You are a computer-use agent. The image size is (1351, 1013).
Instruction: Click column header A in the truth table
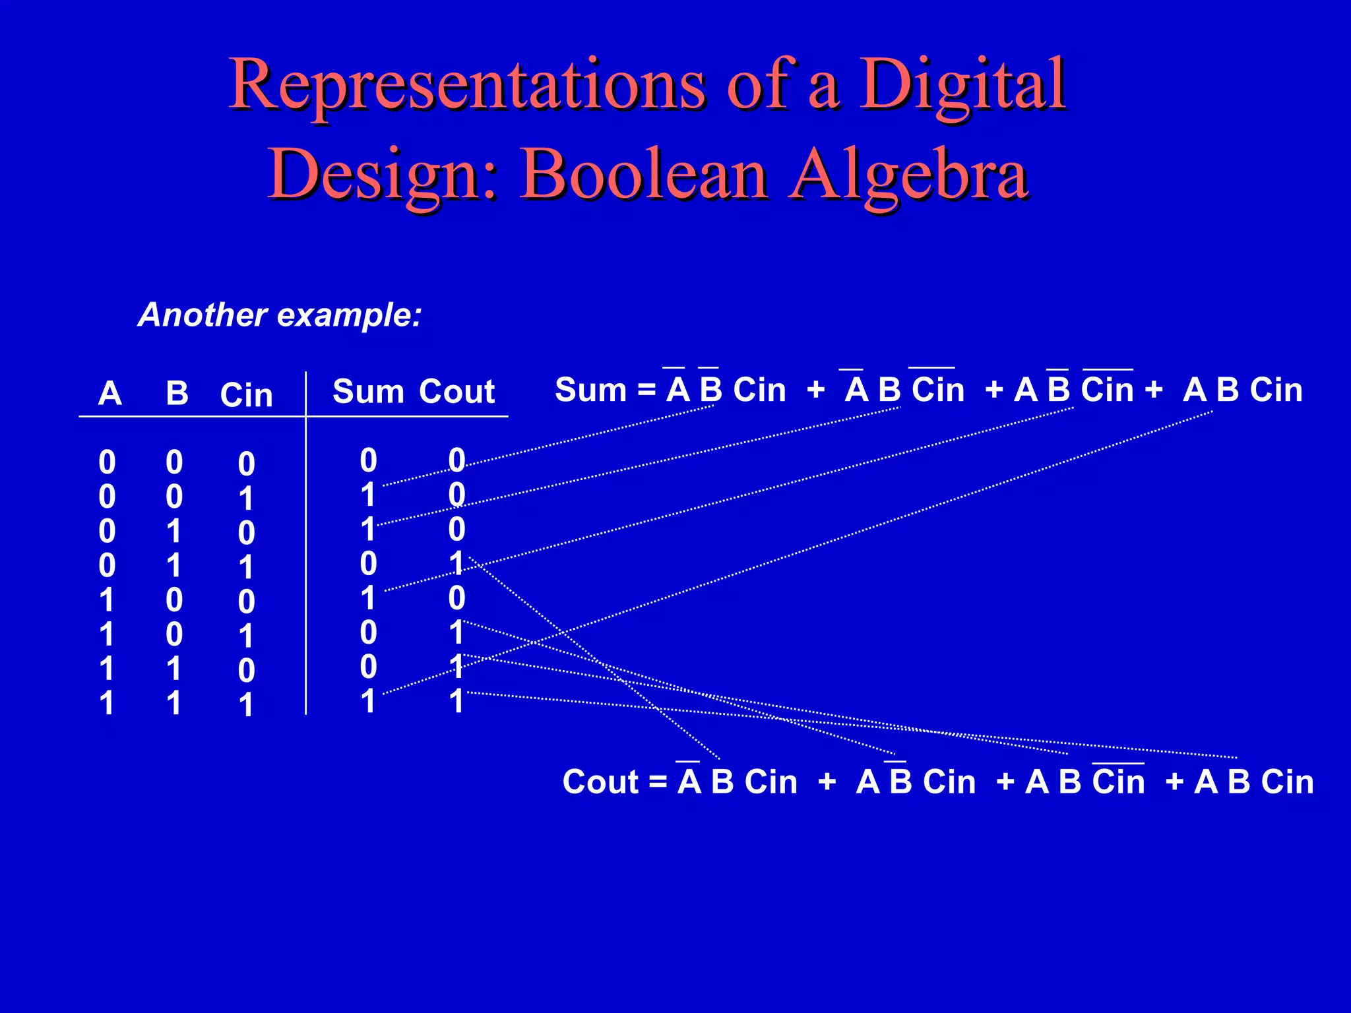pos(110,394)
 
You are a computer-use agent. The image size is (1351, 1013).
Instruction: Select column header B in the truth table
pos(177,394)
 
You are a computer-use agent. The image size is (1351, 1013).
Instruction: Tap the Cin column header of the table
pos(246,395)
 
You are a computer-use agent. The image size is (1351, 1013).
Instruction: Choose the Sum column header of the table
pos(367,392)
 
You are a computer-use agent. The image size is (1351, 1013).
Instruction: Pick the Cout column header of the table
pos(456,392)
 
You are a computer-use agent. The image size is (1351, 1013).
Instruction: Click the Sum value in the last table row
pos(367,701)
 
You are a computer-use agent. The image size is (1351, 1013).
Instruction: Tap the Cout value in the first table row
pos(456,460)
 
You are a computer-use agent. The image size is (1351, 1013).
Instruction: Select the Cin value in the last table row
pos(245,704)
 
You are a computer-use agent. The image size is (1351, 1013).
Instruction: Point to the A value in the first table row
pos(107,462)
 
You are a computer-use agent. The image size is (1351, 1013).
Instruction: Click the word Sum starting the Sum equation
pos(590,390)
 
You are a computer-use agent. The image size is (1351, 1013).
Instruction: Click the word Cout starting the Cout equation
pos(600,782)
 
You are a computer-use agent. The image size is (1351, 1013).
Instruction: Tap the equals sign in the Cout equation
pos(658,783)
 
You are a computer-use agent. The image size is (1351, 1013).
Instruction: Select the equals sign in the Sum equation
pos(646,390)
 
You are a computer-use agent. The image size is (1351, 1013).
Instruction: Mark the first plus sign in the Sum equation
pos(815,390)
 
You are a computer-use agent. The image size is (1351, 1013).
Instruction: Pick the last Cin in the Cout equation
pos(1287,782)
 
